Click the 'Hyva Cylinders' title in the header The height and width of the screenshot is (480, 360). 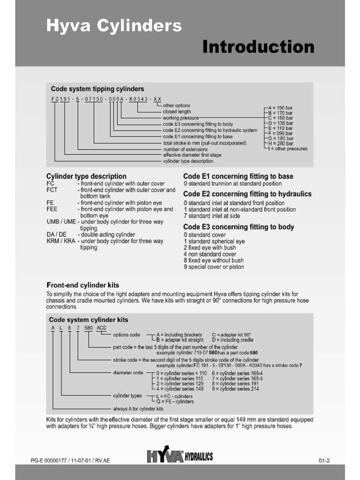(113, 26)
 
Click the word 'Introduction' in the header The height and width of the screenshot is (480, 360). (258, 47)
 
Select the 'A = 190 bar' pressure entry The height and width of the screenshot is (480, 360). (280, 107)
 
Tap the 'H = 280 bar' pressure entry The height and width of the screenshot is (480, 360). (280, 143)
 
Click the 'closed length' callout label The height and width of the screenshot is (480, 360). (177, 112)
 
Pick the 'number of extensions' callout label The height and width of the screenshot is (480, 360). (185, 149)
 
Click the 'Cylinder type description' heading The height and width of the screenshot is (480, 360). (86, 176)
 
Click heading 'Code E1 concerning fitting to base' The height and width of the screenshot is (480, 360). (238, 176)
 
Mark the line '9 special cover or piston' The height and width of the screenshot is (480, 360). (214, 267)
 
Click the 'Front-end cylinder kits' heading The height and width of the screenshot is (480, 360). (82, 285)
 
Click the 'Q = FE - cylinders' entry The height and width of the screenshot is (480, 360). (175, 401)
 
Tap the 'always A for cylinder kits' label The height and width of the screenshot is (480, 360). (138, 409)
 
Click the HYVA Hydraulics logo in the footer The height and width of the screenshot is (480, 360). (180, 456)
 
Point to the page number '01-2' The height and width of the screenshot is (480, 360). (324, 460)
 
